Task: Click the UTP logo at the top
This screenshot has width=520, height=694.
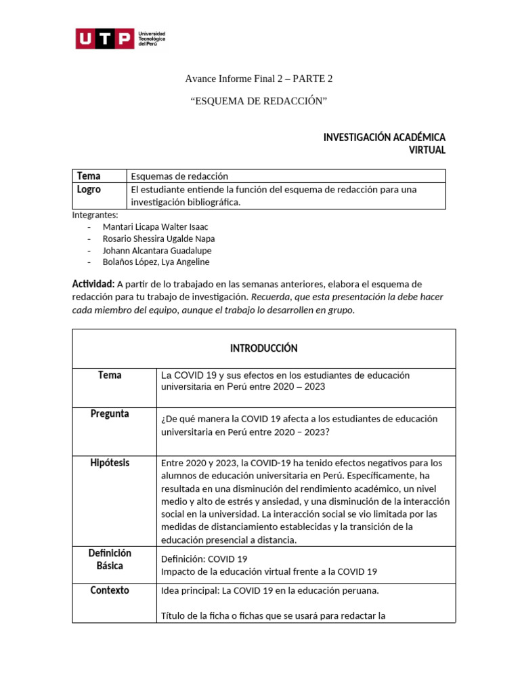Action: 120,39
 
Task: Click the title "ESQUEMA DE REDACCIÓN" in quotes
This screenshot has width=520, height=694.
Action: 259,101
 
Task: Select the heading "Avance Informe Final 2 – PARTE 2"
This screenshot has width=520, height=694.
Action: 259,79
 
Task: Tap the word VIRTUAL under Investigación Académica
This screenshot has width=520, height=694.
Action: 427,150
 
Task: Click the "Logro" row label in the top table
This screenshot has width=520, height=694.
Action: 89,190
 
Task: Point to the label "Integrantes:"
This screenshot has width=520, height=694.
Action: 95,215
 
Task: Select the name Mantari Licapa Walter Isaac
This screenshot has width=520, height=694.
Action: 155,226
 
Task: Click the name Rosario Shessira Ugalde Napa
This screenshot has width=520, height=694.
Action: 158,239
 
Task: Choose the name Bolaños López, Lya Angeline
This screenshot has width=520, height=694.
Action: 156,262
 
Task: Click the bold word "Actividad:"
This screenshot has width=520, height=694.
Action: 93,284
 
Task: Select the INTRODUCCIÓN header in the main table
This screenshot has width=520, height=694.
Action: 263,348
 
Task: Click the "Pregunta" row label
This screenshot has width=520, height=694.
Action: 110,414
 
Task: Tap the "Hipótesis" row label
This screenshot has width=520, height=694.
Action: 110,463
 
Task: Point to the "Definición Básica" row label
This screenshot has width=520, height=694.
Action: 110,559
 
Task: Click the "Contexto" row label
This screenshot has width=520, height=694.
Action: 110,590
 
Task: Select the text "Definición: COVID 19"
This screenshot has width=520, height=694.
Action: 204,559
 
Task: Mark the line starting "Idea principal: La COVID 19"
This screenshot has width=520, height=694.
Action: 269,591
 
